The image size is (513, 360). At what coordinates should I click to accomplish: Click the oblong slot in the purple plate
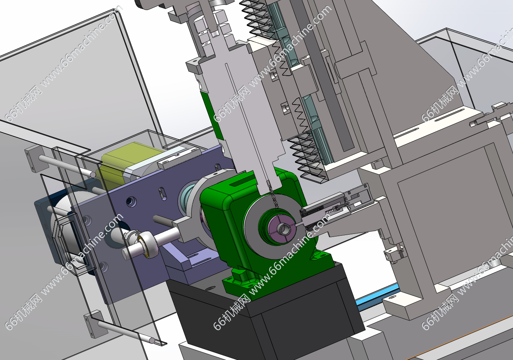163,193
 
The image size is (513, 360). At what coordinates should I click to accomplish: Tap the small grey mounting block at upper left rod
34,158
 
